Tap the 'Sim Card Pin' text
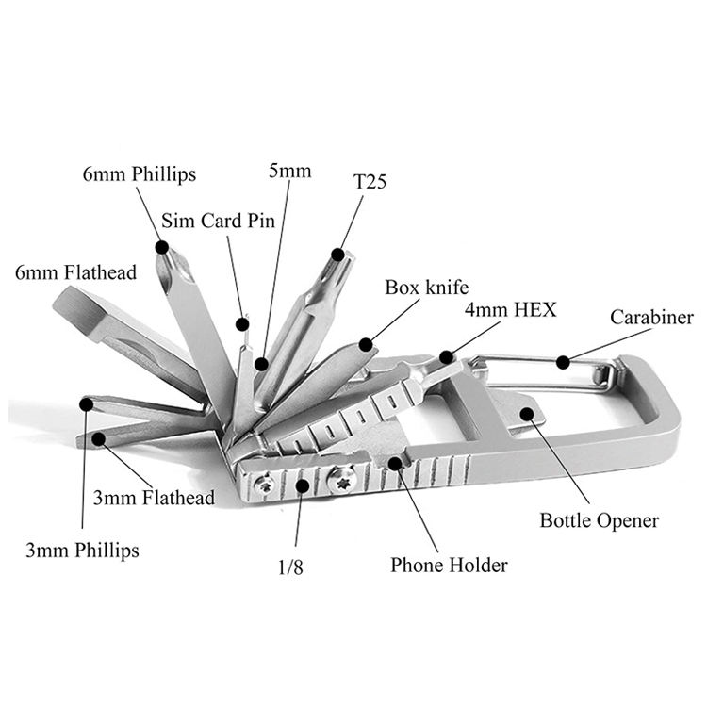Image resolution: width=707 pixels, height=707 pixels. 218,222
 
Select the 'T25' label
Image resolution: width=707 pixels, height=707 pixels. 370,182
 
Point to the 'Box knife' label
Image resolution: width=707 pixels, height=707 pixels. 426,287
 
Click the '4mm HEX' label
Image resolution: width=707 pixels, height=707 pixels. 510,309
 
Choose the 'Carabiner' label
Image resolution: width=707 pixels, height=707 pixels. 651,317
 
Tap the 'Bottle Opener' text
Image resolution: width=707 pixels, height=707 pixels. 599,519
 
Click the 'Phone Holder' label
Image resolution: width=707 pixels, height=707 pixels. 449,566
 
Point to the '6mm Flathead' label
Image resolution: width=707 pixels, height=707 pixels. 75,272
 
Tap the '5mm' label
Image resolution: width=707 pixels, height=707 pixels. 289,172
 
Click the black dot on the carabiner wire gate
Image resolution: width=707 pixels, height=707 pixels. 564,361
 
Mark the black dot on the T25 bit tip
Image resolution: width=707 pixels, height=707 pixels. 337,255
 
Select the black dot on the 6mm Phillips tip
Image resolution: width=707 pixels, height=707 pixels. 162,247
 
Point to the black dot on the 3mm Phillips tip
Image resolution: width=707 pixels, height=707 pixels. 87,404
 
